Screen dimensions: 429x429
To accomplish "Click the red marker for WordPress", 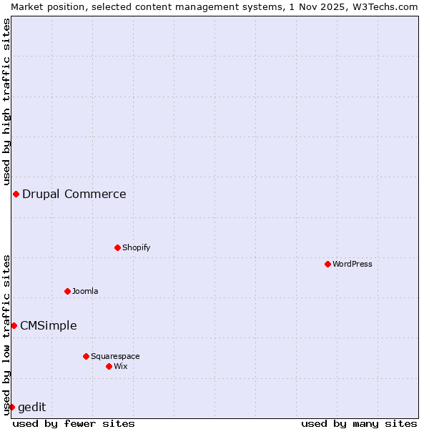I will pyautogui.click(x=327, y=264).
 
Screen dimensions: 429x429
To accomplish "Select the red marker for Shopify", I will pyautogui.click(x=117, y=247).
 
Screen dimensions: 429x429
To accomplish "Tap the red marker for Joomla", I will pyautogui.click(x=67, y=291).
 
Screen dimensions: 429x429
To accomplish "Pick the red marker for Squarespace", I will pyautogui.click(x=86, y=356).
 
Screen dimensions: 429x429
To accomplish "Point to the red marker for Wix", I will pyautogui.click(x=109, y=366).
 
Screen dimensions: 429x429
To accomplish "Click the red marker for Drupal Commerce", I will pyautogui.click(x=16, y=194).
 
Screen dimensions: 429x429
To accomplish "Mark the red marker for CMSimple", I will pyautogui.click(x=14, y=325).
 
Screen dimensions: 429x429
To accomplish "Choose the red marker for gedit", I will pyautogui.click(x=11, y=407).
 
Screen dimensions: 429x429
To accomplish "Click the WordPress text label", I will pyautogui.click(x=352, y=264).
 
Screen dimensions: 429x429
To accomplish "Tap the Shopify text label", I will pyautogui.click(x=136, y=247).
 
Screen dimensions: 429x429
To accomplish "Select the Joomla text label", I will pyautogui.click(x=85, y=291).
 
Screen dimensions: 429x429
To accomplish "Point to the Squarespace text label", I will pyautogui.click(x=115, y=356).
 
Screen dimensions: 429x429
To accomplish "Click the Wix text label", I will pyautogui.click(x=121, y=366).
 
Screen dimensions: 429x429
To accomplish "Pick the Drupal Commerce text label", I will pyautogui.click(x=74, y=194).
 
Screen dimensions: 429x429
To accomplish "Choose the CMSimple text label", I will pyautogui.click(x=49, y=325).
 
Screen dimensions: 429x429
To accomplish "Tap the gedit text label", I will pyautogui.click(x=32, y=407).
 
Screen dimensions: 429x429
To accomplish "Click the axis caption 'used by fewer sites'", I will pyautogui.click(x=74, y=423).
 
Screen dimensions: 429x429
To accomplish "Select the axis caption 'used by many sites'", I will pyautogui.click(x=359, y=423).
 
